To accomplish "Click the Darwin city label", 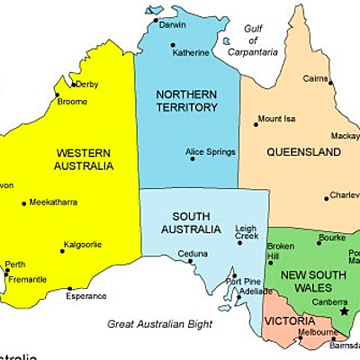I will click(x=172, y=24).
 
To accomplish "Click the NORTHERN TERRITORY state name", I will click(x=186, y=101).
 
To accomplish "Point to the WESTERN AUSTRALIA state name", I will click(x=84, y=159).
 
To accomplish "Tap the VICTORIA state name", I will click(x=289, y=320).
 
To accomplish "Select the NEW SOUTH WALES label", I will click(x=307, y=282).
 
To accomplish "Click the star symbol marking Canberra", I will click(x=343, y=311).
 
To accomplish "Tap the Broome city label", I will click(x=72, y=102).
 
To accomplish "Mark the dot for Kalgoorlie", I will click(x=63, y=250).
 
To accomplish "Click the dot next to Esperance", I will click(x=69, y=289).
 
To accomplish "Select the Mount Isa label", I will click(x=276, y=119).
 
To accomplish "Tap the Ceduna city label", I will click(x=192, y=254).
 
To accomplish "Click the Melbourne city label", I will click(x=318, y=332).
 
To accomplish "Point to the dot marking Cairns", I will click(x=330, y=83).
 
